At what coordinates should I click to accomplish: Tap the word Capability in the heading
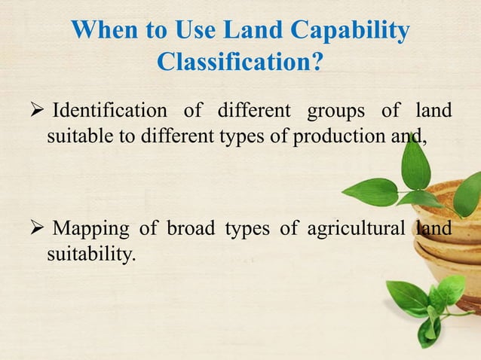[x=351, y=32]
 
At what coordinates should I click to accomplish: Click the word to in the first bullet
[x=124, y=137]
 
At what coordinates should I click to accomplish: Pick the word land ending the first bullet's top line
[x=434, y=111]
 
